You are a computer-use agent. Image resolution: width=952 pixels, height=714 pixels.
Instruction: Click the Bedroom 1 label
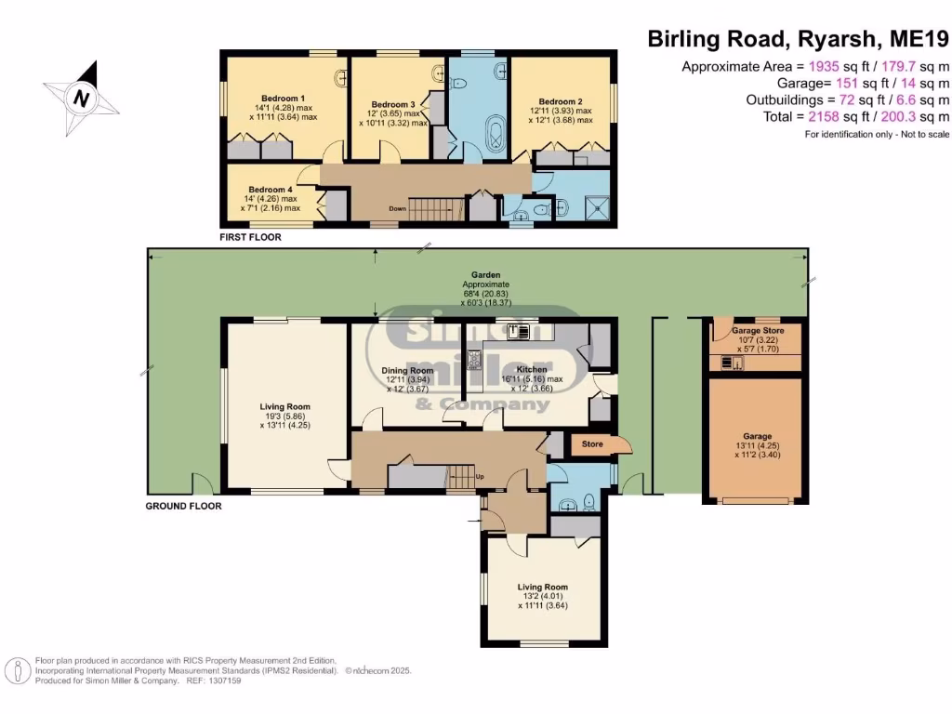[284, 98]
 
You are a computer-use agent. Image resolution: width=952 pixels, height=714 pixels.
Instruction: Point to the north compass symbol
[83, 97]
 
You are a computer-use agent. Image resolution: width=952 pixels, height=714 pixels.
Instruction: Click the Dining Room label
[407, 370]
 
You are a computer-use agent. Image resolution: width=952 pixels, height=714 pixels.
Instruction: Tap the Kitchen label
[536, 369]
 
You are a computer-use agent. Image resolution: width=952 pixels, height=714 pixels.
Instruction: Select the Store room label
[592, 444]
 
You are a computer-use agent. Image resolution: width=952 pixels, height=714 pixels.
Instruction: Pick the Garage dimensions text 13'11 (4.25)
[757, 445]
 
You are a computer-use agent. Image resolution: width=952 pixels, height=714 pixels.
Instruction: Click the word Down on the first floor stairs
[397, 208]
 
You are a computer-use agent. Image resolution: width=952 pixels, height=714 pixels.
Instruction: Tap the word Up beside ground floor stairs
[480, 477]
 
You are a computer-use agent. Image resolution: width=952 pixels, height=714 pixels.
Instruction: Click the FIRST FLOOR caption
[250, 237]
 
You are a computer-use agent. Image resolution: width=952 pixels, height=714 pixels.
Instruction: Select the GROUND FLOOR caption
[183, 507]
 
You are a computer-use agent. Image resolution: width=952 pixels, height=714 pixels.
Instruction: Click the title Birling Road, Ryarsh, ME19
[798, 39]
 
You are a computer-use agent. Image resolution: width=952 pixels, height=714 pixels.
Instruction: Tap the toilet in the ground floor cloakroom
[590, 503]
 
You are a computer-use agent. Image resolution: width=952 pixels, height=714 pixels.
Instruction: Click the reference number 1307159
[221, 681]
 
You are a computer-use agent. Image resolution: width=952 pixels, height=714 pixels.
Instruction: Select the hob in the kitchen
[473, 359]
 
